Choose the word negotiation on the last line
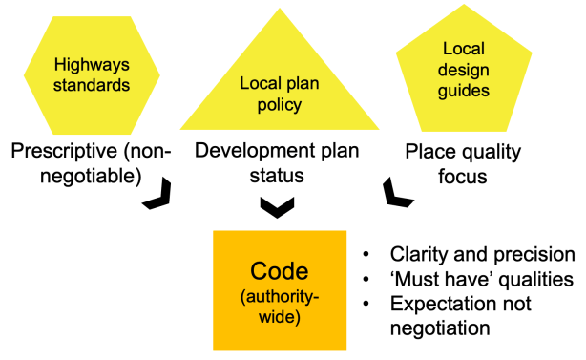(440, 328)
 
